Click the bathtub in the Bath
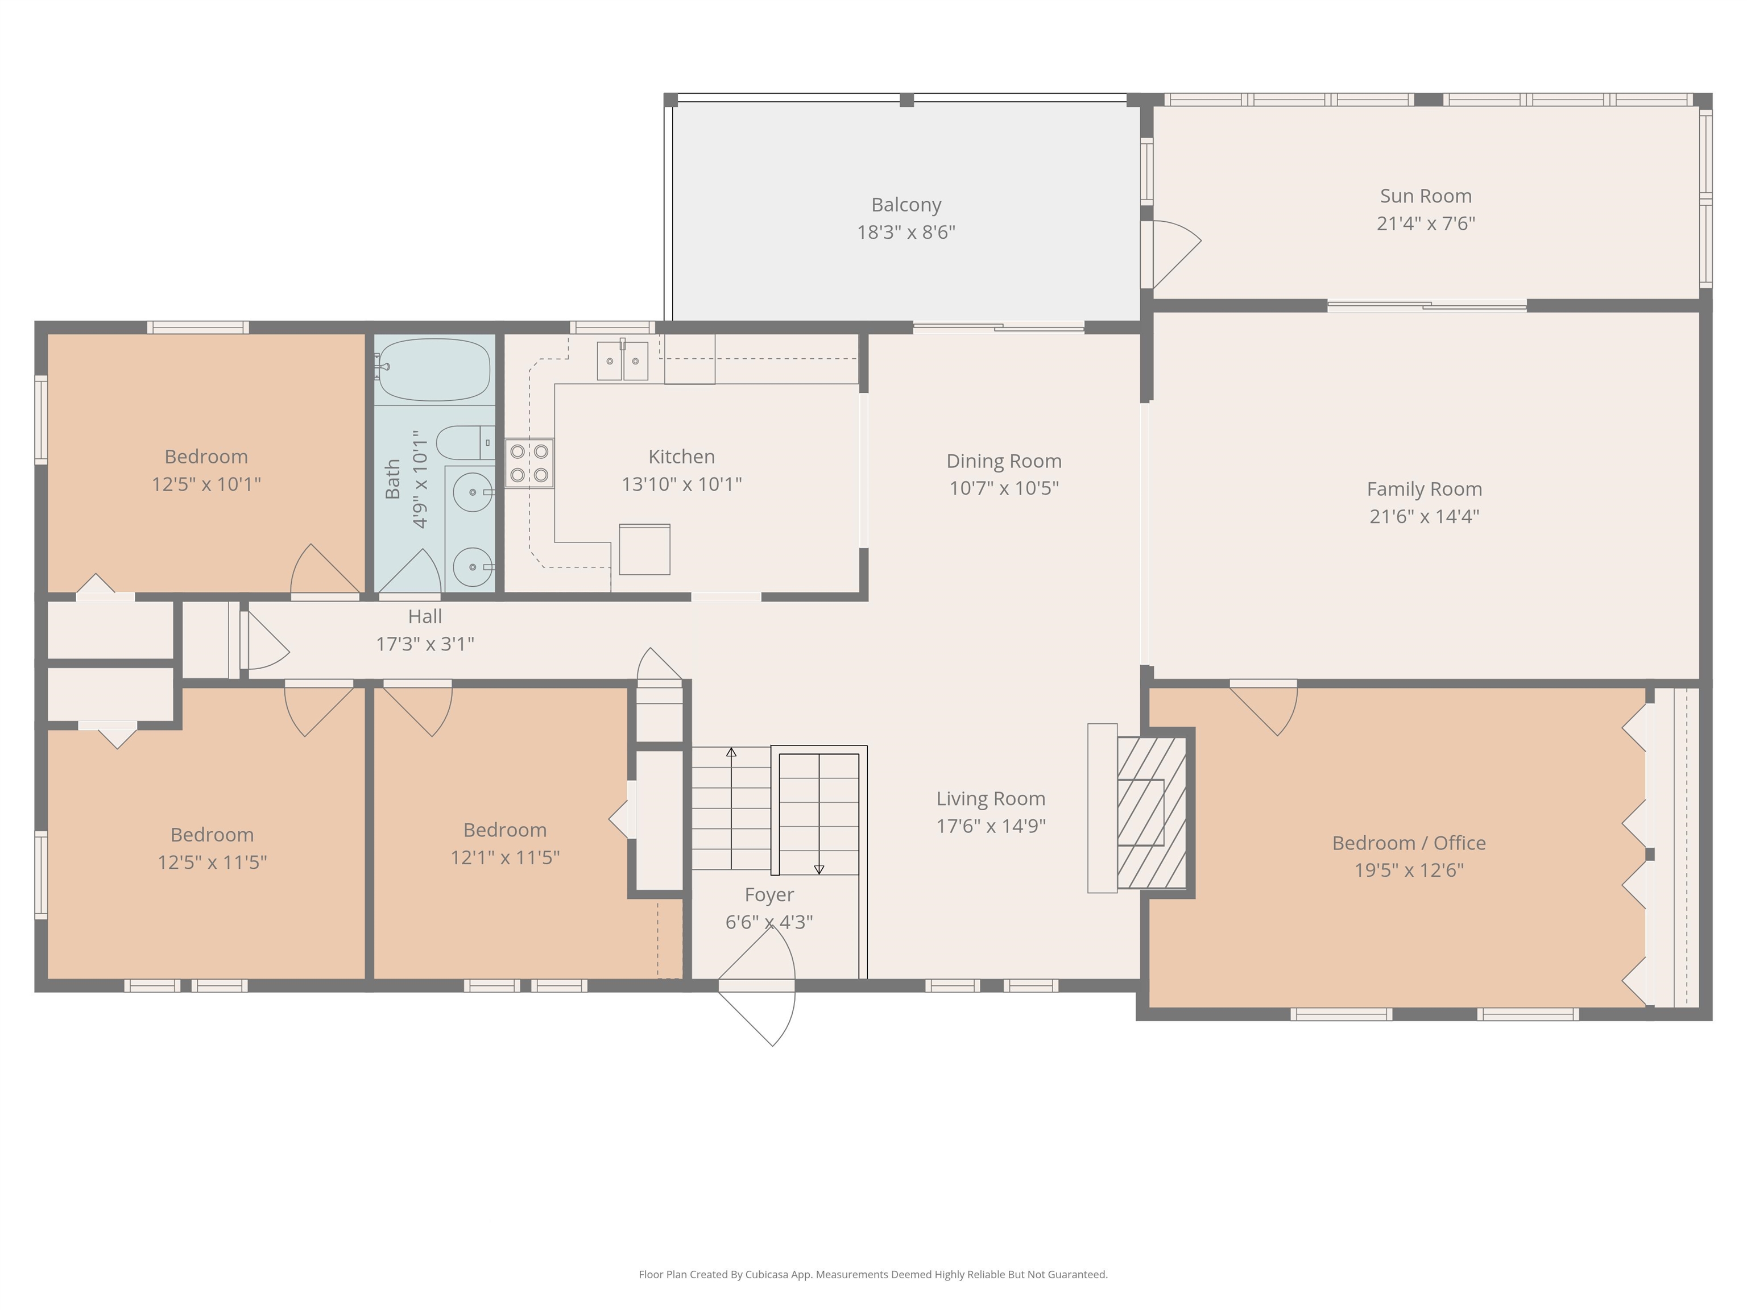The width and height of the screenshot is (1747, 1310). point(434,370)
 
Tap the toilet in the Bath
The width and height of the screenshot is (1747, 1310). point(466,442)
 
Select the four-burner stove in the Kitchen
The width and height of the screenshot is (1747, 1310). point(529,463)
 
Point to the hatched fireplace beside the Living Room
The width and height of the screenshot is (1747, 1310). point(1152,812)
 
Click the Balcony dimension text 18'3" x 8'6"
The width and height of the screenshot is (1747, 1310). point(906,232)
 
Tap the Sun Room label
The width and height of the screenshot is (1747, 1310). point(1426,196)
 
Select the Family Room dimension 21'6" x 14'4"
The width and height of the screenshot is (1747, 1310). point(1424,516)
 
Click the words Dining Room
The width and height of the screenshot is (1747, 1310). point(1004,461)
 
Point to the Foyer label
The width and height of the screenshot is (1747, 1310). point(769,894)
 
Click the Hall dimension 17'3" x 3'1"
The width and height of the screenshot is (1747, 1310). point(425,644)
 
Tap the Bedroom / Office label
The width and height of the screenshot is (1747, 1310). point(1409,843)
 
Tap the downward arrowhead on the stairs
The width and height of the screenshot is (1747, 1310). point(819,869)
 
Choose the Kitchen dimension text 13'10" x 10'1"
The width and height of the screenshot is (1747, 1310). point(682,484)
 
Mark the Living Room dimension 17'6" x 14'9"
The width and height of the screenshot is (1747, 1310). point(991,826)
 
